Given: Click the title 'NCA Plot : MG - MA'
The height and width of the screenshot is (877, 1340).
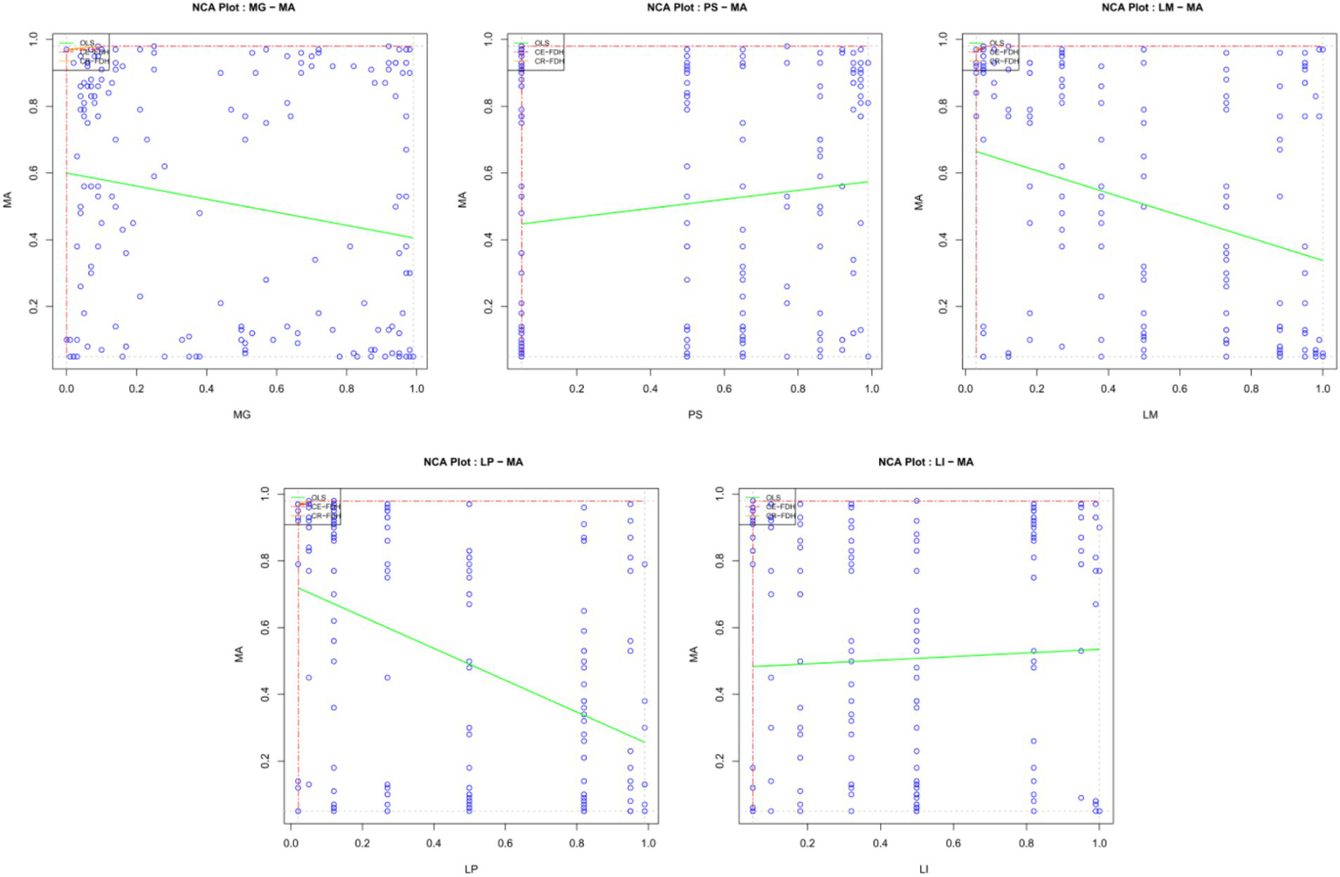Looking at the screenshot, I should coord(242,8).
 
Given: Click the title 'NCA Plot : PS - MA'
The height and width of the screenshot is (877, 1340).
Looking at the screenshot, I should coord(697,8).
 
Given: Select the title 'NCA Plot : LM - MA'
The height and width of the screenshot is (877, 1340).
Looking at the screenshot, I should coord(1151,8).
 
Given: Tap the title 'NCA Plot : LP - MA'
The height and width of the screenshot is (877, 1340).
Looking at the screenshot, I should coord(473,462).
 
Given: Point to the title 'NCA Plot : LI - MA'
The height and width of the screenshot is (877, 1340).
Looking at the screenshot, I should coord(925,462).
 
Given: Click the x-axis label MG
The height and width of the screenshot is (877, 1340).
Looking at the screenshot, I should coord(242,414).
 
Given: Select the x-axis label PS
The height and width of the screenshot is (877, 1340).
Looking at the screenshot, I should coord(695,414).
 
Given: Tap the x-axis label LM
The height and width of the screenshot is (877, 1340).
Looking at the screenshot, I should coord(1150,414).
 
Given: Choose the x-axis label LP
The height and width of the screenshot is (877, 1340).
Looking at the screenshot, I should coord(471,868).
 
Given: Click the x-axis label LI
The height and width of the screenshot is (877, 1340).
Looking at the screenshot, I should coord(924,868).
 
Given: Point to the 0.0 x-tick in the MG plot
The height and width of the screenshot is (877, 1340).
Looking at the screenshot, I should coord(66,389).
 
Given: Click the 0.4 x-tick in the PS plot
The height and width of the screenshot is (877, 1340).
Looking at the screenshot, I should coord(650,389).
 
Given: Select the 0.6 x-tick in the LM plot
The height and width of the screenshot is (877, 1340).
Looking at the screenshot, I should coord(1179,389).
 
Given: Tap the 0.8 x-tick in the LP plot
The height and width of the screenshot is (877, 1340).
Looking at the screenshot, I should coord(577,843).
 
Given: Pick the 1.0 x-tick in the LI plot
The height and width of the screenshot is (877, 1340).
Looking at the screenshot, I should coord(1099,843).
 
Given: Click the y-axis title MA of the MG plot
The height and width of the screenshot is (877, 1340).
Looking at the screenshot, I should coord(9,200).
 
